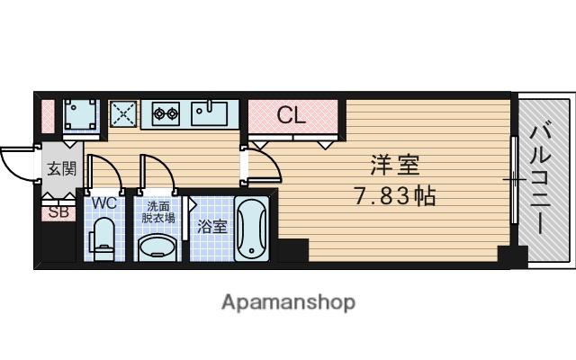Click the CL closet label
coord(291,115)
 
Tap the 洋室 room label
coord(395,166)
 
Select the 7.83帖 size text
coord(395,196)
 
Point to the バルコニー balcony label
coord(540,180)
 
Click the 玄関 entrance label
coord(62,169)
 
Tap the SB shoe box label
coord(58,212)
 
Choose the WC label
coord(104,202)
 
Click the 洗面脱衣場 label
coord(158,212)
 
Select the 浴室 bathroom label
coord(212,226)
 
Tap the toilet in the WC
coord(102,238)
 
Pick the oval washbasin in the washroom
coord(157,247)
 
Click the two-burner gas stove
coord(166,114)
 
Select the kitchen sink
coord(209,113)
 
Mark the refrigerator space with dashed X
coord(123,114)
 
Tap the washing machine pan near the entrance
coord(81,114)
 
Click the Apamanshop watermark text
coord(288,302)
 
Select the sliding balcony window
coord(514,180)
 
